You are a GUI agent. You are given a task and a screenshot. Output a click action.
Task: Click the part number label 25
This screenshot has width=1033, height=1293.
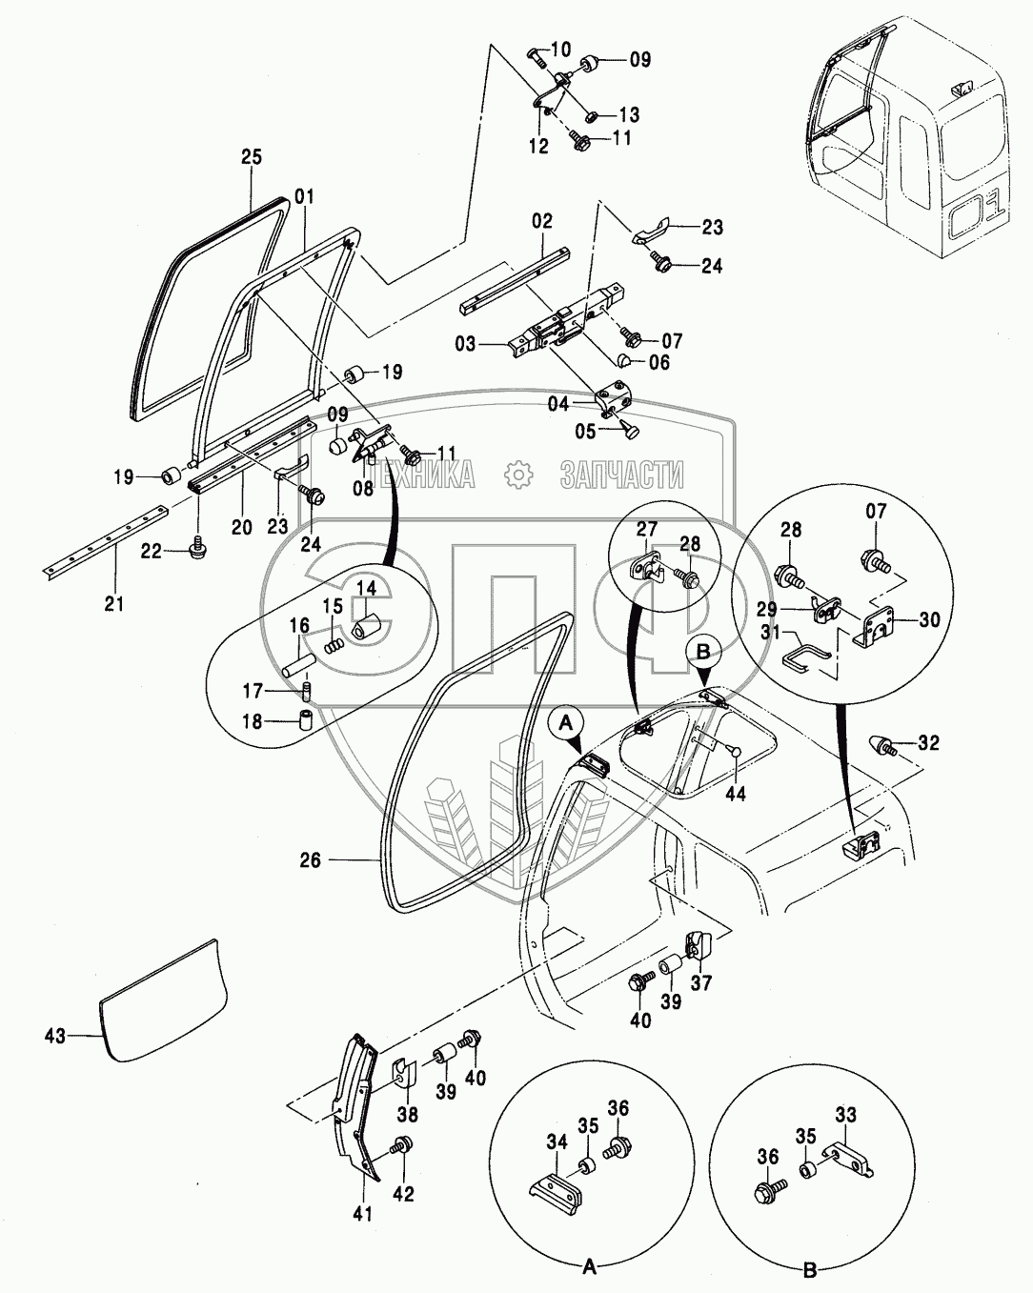pos(251,157)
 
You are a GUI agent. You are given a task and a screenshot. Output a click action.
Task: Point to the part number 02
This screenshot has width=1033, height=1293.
pos(541,221)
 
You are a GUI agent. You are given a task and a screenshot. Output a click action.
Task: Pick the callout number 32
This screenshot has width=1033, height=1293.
pos(928,741)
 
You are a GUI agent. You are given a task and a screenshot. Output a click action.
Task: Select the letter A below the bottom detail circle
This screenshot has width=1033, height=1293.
pos(589,1266)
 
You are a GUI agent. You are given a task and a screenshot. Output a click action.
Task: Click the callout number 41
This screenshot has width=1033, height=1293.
pos(363,1213)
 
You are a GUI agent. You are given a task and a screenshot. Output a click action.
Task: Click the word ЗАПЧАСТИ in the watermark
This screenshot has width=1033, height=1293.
pos(622,474)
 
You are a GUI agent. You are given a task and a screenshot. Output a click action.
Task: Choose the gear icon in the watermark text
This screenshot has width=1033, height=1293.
pos(517,474)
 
